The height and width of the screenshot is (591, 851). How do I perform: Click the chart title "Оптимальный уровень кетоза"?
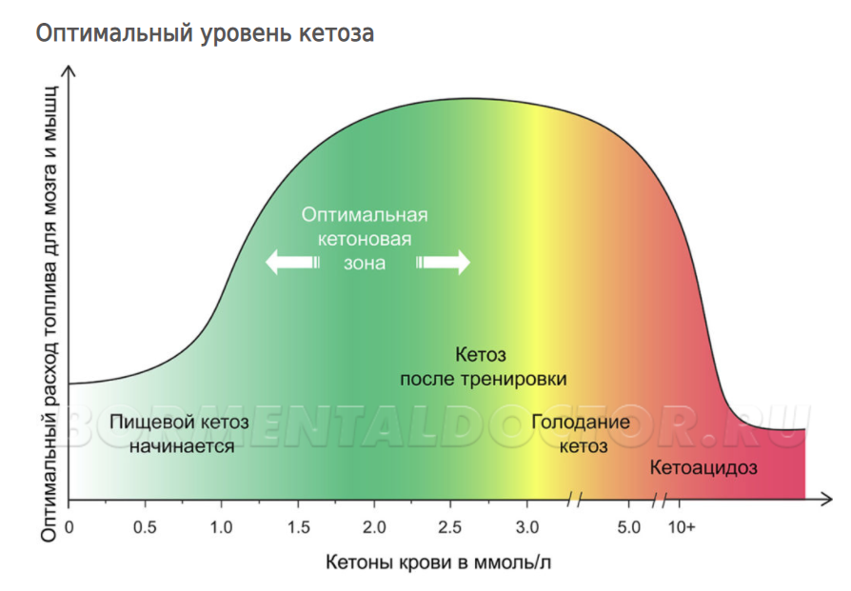[205, 33]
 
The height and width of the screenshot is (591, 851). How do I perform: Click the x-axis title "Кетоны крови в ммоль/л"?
[439, 561]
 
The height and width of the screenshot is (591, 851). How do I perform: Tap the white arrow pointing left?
[291, 262]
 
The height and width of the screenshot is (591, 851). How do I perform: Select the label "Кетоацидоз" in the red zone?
[703, 467]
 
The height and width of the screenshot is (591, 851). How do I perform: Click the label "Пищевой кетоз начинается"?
[179, 433]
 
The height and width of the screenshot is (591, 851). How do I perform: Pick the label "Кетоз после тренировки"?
[483, 366]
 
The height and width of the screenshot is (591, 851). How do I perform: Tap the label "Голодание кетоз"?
[581, 434]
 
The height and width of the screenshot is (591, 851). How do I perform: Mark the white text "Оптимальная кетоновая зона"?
[365, 238]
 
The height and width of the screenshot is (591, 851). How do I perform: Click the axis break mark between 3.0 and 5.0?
[574, 498]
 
